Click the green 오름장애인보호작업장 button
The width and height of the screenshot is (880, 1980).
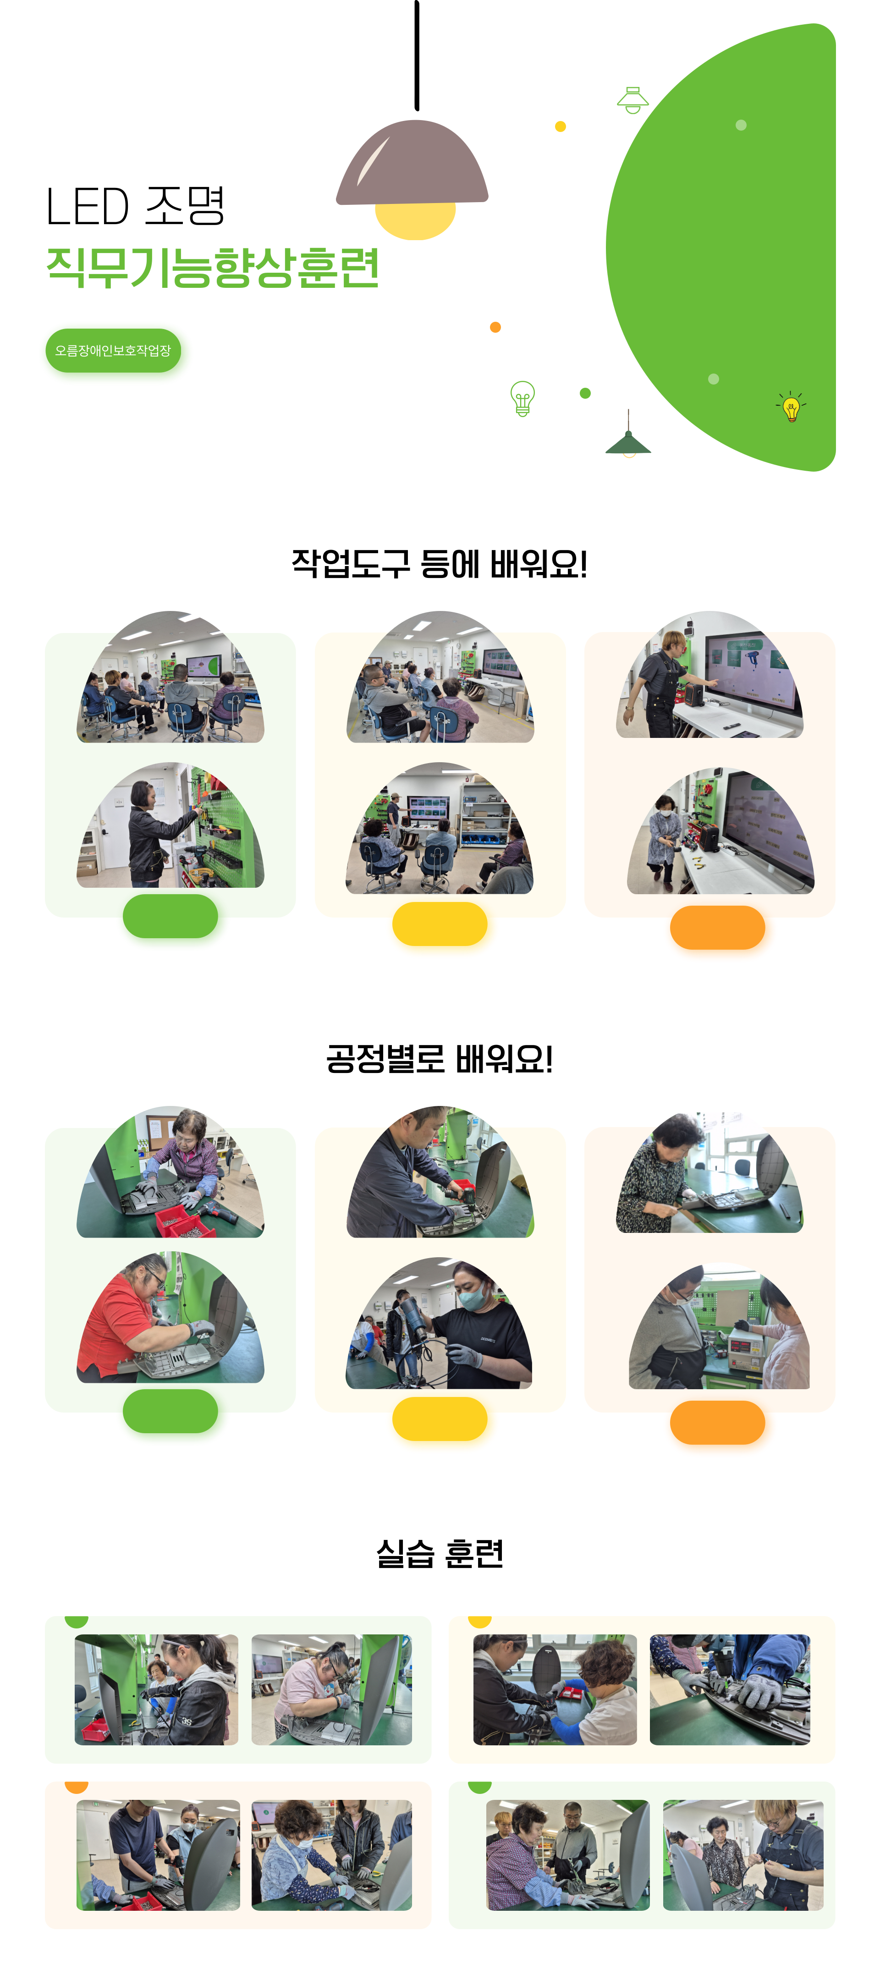(113, 351)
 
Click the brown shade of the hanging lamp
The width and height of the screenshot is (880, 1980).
(412, 163)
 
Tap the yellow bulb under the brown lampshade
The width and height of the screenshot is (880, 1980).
(415, 221)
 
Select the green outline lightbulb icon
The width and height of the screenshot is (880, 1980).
(522, 398)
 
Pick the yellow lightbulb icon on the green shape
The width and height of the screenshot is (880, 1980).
(791, 407)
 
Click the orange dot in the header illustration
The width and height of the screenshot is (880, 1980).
(496, 327)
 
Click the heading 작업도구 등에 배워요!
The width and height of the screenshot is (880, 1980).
(440, 564)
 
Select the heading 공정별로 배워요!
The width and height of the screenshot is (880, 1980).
(440, 1059)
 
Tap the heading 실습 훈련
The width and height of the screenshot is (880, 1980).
(440, 1553)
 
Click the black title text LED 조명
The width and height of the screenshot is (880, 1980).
(135, 206)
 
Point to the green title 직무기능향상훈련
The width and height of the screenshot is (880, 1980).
(213, 268)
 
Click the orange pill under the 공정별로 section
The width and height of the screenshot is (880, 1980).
(717, 1423)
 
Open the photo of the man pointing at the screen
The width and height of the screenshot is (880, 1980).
(709, 675)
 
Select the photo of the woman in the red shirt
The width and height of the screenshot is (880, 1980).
(170, 1317)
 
